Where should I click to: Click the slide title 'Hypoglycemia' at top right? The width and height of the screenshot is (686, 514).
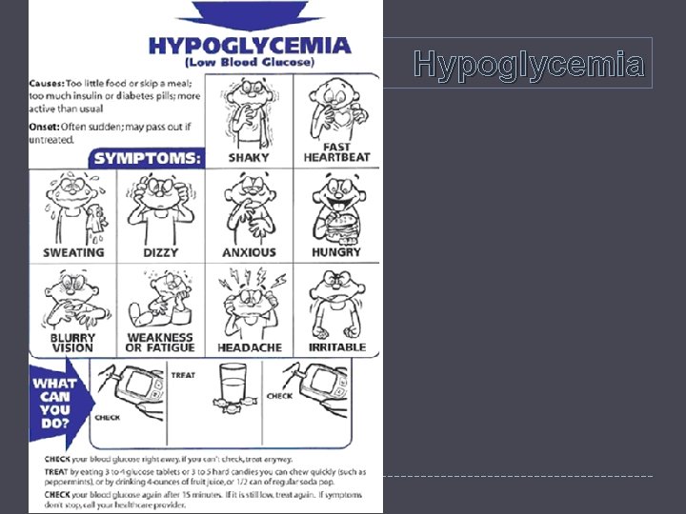click(530, 65)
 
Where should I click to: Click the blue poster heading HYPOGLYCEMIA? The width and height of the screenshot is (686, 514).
click(250, 45)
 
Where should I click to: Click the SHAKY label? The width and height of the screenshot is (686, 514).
click(249, 158)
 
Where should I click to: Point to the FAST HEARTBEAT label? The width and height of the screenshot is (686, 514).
click(336, 151)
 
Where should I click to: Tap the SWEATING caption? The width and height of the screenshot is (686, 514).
click(73, 252)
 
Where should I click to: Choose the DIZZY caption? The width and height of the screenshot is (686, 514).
click(160, 252)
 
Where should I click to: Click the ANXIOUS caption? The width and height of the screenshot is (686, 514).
click(249, 252)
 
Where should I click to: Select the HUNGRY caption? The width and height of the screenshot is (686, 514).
click(336, 252)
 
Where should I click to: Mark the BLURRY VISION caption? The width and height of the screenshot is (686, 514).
click(73, 343)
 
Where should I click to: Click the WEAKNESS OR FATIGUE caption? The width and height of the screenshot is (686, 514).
click(160, 343)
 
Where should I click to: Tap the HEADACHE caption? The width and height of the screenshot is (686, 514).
click(250, 347)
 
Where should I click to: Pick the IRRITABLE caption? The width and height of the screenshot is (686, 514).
click(336, 347)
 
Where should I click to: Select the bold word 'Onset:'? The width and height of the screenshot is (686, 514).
click(46, 127)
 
